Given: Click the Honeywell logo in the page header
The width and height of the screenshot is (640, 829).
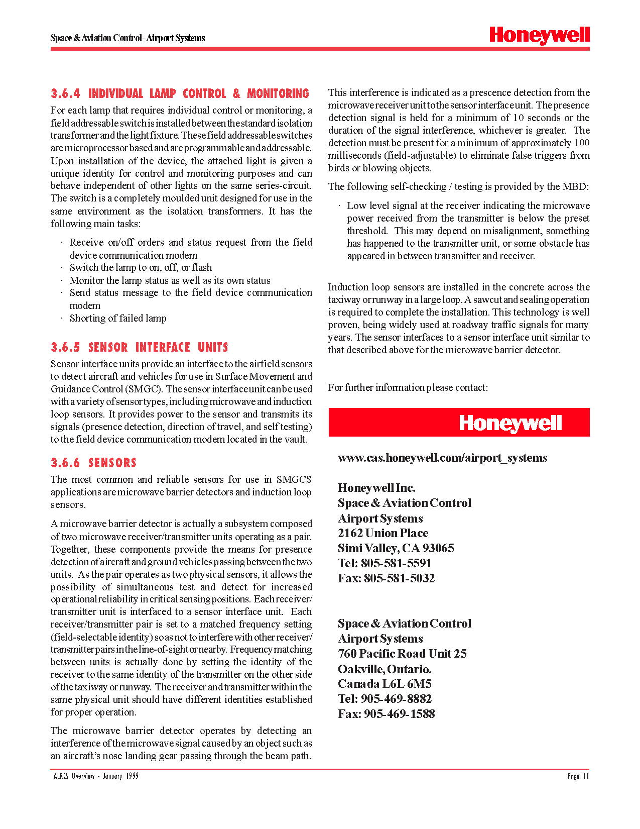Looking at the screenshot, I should [539, 36].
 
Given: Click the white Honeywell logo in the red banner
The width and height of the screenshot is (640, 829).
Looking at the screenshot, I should [510, 423].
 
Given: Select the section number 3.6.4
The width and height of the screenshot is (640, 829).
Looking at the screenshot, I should [65, 94].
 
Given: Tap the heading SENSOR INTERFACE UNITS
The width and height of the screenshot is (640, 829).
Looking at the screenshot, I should [158, 348].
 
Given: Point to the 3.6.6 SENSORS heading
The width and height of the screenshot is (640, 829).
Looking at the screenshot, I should [93, 463].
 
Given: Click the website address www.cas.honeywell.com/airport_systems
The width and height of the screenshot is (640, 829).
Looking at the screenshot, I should [442, 458].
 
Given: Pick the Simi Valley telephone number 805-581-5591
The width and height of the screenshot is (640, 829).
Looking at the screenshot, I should [396, 563].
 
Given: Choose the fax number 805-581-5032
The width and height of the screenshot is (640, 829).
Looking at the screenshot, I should [399, 578].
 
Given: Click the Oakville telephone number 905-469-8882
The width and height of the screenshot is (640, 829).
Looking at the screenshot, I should [396, 699].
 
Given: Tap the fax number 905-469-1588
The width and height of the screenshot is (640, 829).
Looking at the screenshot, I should [399, 714].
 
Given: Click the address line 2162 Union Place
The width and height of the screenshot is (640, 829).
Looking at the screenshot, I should [383, 533].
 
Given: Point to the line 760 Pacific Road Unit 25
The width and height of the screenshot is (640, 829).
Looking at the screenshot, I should [402, 654].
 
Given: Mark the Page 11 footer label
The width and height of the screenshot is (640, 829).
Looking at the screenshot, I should [578, 776].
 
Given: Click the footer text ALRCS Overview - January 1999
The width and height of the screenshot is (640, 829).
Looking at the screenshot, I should [96, 776].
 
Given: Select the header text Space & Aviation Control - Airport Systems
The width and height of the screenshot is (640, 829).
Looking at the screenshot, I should [127, 38].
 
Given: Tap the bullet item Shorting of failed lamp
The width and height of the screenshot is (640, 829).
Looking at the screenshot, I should [118, 319].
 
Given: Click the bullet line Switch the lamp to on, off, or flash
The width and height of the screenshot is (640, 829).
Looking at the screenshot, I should [141, 268].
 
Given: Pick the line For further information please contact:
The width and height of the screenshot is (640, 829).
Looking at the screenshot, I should [408, 388].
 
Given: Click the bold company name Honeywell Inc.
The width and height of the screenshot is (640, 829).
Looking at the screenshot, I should [376, 488].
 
